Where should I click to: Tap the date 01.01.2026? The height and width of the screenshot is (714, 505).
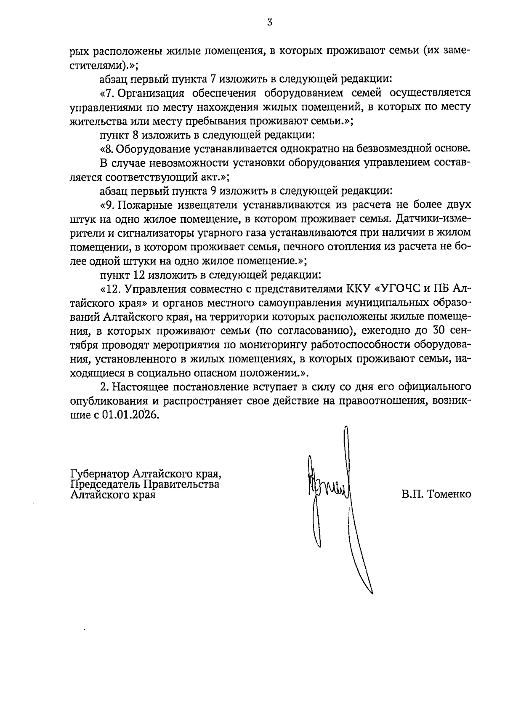pos(130,415)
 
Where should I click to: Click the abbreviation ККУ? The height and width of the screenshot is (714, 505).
pos(357,289)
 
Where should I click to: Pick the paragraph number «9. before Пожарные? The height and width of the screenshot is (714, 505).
pos(108,205)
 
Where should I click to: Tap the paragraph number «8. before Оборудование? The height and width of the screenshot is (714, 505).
pos(108,149)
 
